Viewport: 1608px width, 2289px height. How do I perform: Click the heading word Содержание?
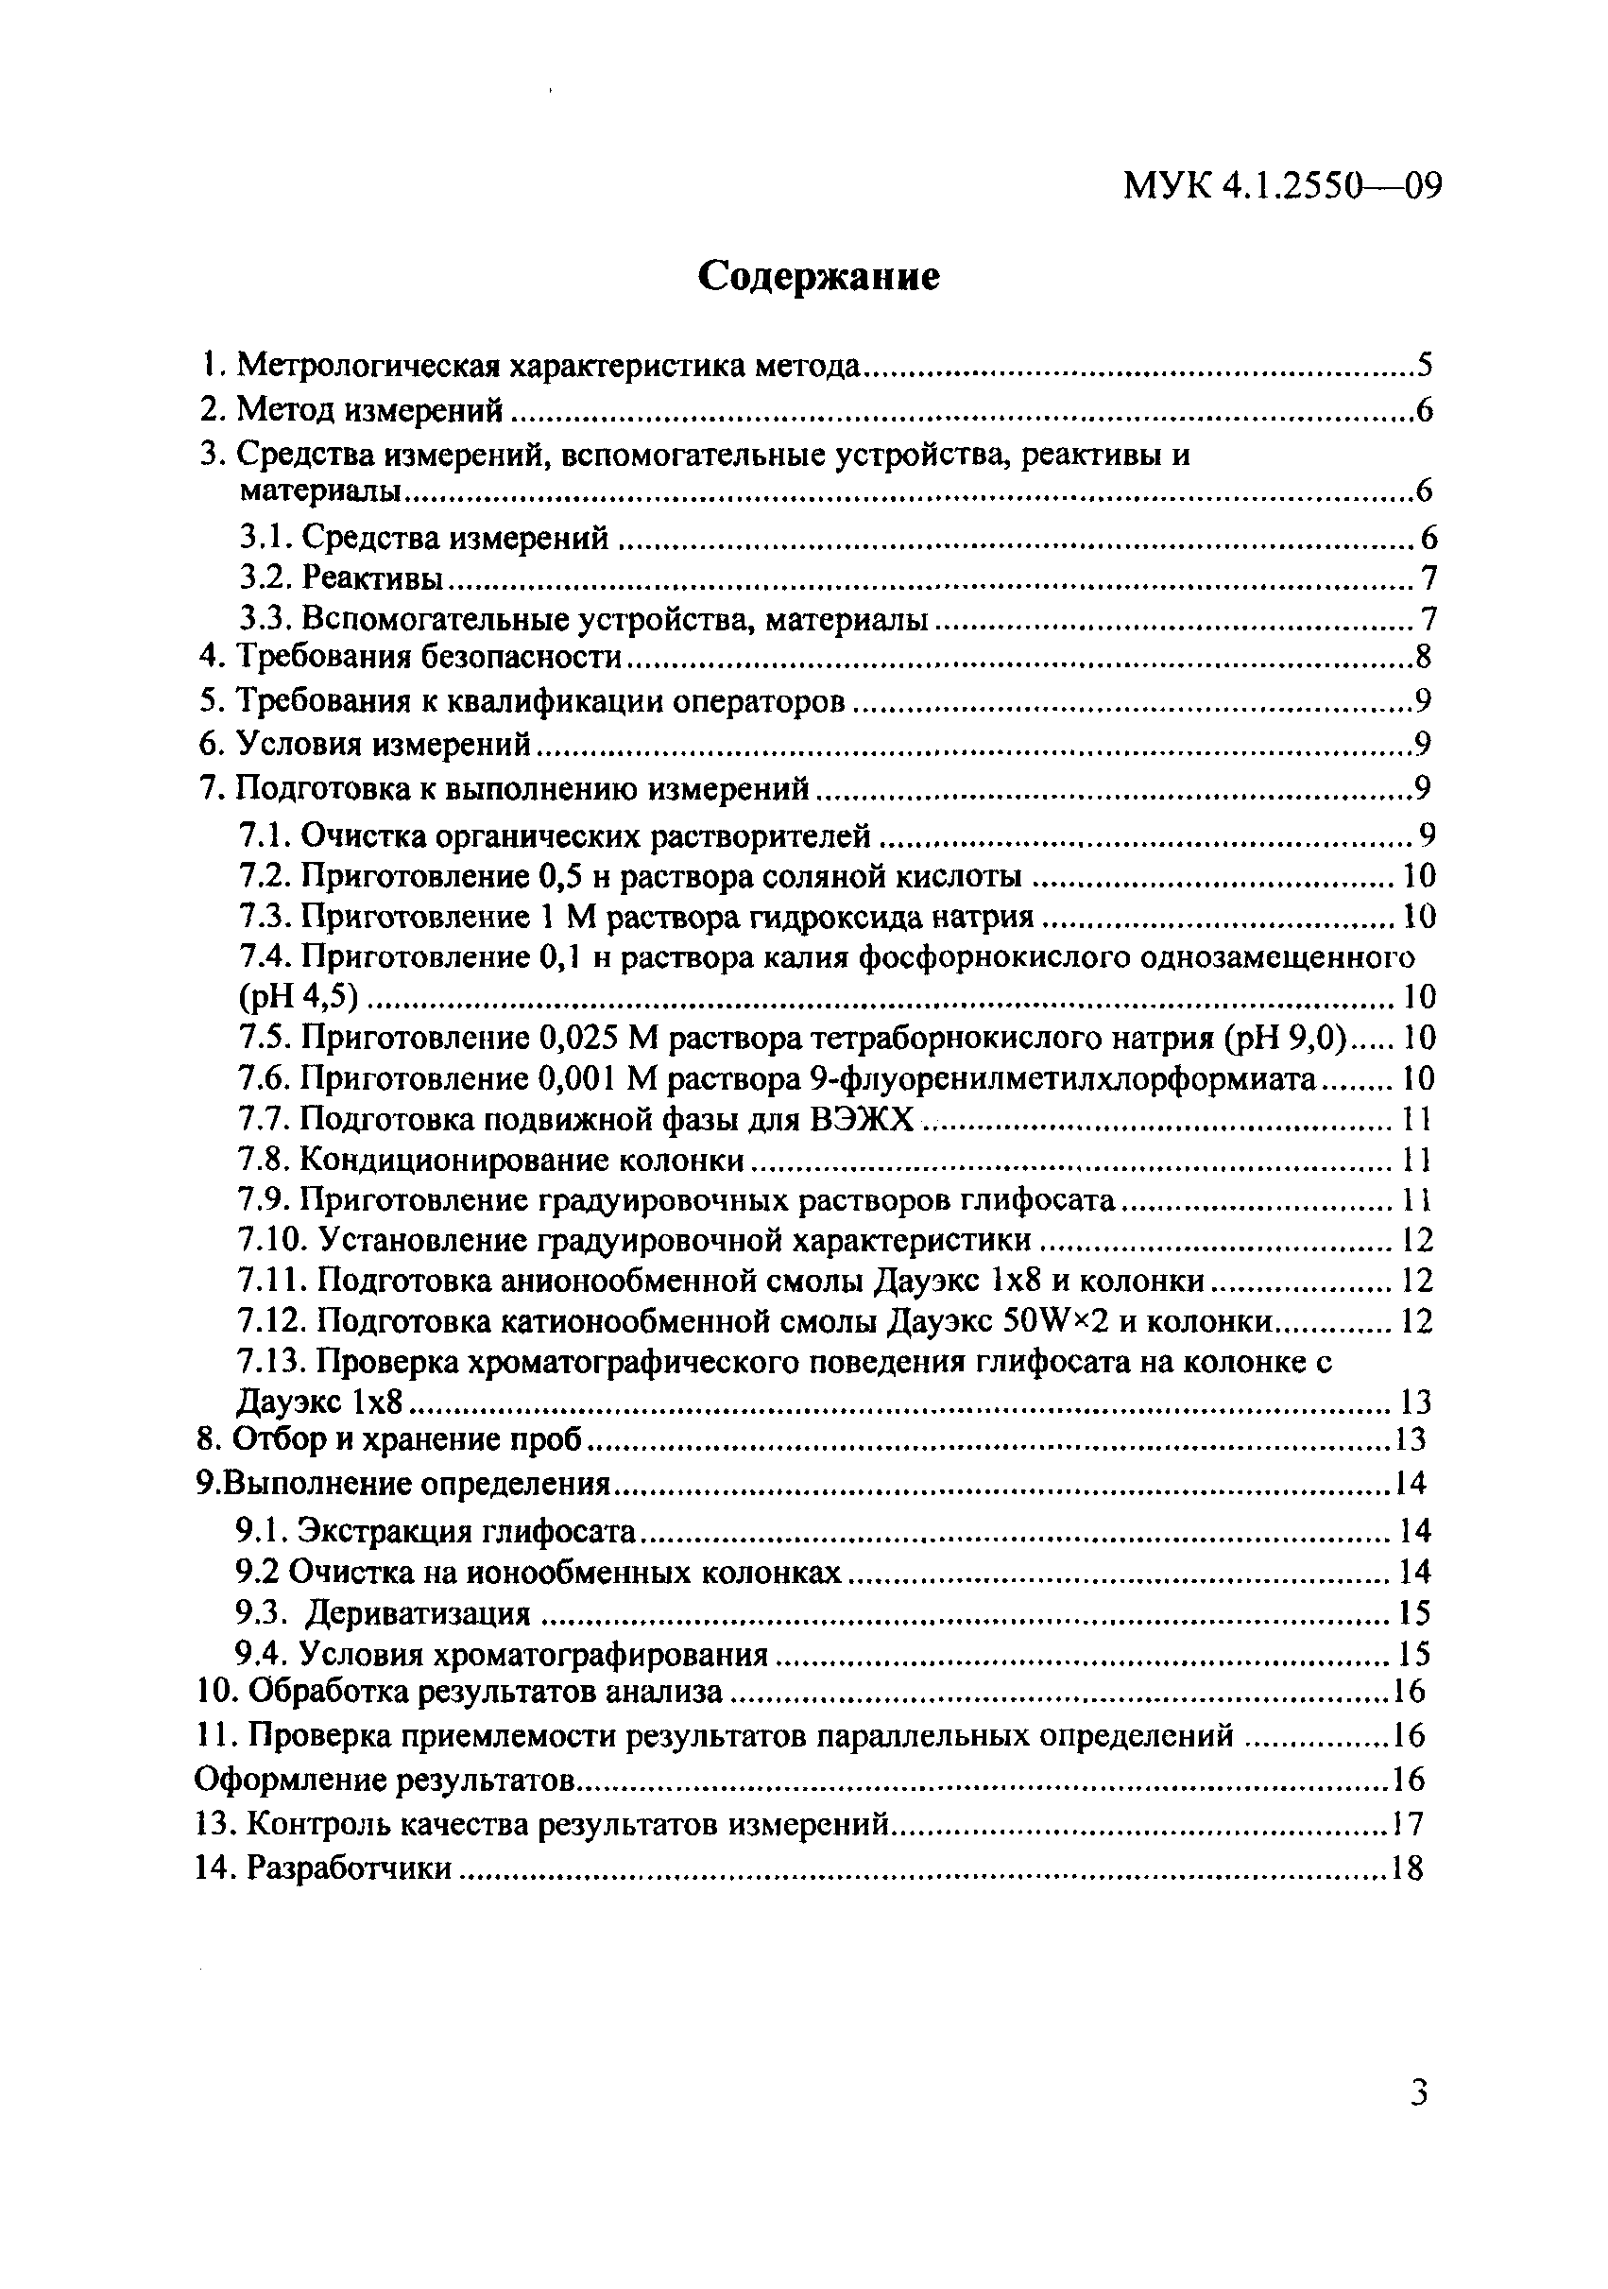click(x=817, y=276)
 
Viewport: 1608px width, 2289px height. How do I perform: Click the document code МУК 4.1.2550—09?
click(x=1282, y=185)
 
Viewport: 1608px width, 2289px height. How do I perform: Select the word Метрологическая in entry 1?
click(x=368, y=366)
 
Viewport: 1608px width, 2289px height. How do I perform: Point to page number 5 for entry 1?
click(x=1425, y=366)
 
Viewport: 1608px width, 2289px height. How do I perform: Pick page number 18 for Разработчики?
click(x=1407, y=1868)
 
